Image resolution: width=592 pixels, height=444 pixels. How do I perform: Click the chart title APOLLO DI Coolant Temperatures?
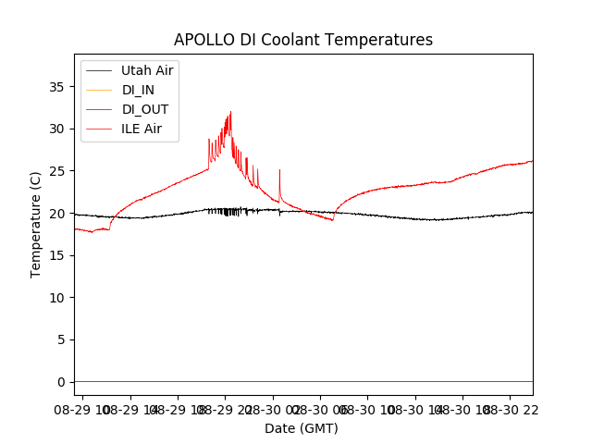(x=303, y=40)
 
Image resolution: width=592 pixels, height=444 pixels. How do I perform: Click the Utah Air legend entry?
(x=147, y=70)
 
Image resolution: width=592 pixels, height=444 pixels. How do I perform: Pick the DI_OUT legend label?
(x=145, y=109)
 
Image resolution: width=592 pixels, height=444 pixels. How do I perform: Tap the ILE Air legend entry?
(x=142, y=129)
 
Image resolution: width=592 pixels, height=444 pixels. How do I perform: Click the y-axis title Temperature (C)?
(x=35, y=224)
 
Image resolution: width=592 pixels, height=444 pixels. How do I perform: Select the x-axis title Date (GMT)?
(x=302, y=428)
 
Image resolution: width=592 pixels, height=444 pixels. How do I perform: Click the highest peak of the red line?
(x=230, y=113)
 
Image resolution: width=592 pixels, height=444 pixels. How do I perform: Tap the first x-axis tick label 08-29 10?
(x=81, y=408)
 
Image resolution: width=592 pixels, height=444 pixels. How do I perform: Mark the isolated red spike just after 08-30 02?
(x=279, y=171)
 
